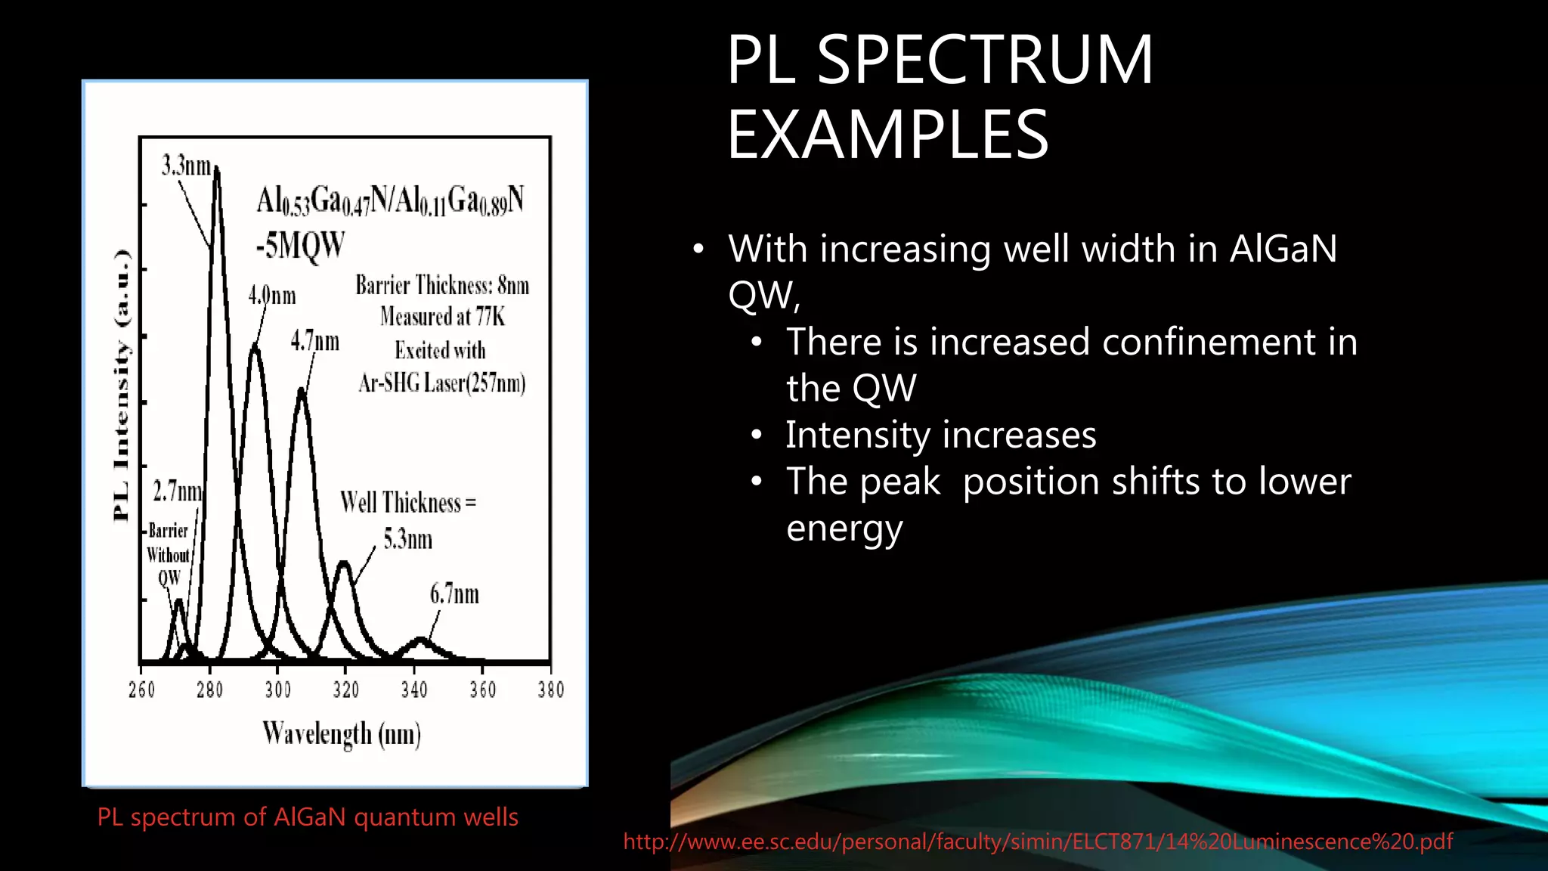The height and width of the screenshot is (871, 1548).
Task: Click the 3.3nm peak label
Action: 186,166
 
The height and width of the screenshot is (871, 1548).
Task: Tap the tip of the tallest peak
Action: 217,169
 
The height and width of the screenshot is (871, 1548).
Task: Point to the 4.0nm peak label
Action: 272,295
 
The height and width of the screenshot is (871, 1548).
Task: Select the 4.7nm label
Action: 315,341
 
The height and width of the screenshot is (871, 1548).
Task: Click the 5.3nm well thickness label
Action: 407,539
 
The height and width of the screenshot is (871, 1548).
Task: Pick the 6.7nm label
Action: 454,594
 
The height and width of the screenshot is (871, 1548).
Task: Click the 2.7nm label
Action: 178,491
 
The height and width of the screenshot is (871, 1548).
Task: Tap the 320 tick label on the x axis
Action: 345,690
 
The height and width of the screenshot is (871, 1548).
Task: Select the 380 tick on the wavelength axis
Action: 550,690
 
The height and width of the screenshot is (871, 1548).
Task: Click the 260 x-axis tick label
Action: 141,690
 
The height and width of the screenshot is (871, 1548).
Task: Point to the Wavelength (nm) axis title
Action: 342,733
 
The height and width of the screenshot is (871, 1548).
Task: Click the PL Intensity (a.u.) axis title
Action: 122,386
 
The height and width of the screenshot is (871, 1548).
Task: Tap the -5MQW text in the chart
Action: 300,246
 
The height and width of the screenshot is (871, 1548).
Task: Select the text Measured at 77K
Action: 442,316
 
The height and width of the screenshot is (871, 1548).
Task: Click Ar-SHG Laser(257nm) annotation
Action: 442,383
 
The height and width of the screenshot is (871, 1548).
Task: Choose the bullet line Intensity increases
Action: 940,435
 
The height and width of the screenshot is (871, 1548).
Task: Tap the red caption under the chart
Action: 308,817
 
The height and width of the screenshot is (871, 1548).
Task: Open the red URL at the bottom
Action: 1037,842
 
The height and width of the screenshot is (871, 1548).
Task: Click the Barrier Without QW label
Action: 168,554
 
